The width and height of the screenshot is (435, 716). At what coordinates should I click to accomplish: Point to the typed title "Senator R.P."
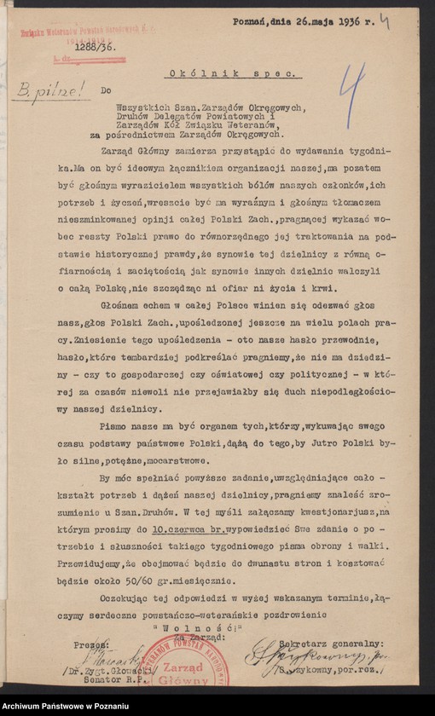[125, 681]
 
